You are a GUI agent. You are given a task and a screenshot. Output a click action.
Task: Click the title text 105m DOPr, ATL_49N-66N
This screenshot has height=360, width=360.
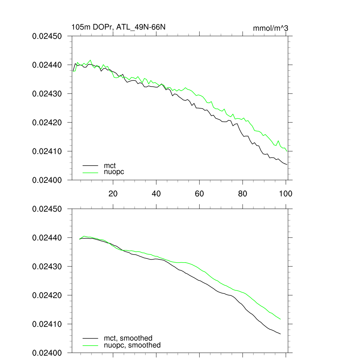[118, 27]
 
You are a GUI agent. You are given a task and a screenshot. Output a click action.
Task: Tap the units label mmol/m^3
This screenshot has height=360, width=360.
[270, 28]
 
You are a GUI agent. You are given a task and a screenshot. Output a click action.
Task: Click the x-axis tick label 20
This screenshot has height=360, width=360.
[113, 193]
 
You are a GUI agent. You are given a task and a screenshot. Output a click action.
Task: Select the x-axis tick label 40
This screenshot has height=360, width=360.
[156, 193]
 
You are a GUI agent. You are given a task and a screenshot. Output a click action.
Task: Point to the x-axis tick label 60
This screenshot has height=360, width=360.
[199, 193]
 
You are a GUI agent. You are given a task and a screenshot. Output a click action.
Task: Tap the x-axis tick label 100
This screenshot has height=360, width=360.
[285, 193]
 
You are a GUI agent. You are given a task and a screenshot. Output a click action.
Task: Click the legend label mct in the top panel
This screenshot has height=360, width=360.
[110, 165]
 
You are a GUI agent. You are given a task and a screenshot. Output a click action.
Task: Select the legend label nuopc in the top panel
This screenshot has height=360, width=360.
[114, 172]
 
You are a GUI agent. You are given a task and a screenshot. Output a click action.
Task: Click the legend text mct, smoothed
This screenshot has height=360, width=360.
[128, 338]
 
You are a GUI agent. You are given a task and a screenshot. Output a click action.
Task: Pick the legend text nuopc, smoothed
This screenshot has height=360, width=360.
[132, 345]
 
